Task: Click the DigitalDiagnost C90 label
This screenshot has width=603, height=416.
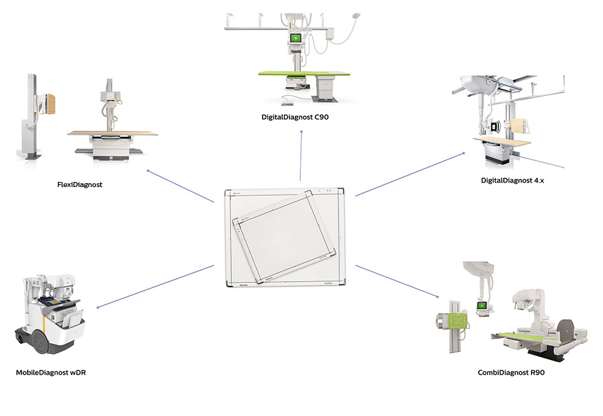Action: tap(295, 117)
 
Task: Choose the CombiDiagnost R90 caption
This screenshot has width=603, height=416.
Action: tap(511, 373)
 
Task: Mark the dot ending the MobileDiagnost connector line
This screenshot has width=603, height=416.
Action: tap(98, 307)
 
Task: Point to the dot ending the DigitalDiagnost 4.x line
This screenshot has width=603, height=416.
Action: tap(463, 152)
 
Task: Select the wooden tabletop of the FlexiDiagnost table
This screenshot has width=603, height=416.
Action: tap(112, 133)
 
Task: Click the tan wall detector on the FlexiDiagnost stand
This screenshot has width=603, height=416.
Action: tap(50, 106)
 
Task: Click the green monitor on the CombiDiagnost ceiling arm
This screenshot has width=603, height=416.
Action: tap(483, 306)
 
